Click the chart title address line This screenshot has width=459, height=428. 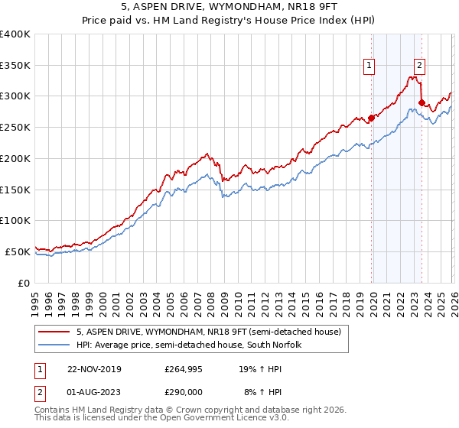click(x=229, y=8)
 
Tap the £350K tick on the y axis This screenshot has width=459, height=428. click(x=15, y=65)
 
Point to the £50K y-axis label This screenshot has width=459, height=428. click(x=18, y=251)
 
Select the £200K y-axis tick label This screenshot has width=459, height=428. click(x=15, y=158)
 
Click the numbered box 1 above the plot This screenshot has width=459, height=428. click(x=369, y=66)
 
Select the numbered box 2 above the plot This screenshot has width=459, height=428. click(x=420, y=66)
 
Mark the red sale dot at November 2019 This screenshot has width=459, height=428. click(x=372, y=118)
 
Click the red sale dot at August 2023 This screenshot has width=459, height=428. click(x=422, y=102)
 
